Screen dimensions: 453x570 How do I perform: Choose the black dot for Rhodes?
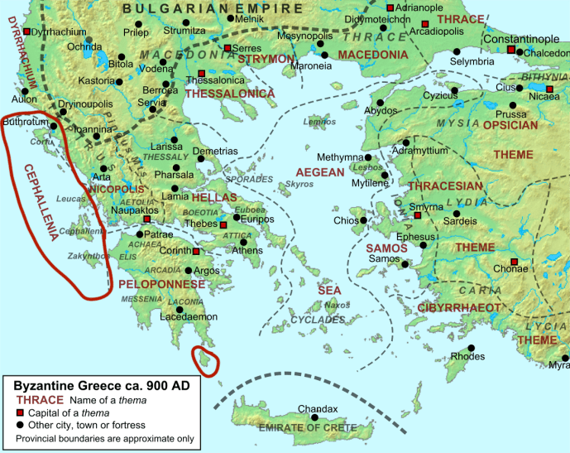pyautogui.click(x=471, y=348)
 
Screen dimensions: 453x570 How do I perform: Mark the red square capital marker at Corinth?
pyautogui.click(x=196, y=252)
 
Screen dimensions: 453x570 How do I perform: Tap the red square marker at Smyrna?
pyautogui.click(x=418, y=215)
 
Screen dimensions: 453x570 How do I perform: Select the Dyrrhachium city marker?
pyautogui.click(x=26, y=31)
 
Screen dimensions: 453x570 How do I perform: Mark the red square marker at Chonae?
pyautogui.click(x=515, y=263)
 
